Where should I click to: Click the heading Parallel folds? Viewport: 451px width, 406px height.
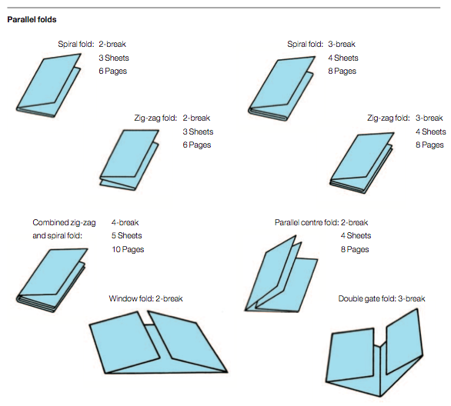[32, 18]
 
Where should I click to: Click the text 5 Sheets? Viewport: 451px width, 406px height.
[126, 236]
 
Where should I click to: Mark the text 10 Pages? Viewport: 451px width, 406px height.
[127, 250]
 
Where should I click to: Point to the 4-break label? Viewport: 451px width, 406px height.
[125, 222]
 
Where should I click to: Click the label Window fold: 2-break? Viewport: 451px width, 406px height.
[145, 298]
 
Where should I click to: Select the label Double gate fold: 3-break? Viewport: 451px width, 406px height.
[381, 298]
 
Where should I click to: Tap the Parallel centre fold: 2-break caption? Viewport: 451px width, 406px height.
[321, 222]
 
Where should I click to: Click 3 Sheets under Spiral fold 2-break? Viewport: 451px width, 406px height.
[113, 58]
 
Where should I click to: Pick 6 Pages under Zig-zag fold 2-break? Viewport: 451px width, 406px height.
[196, 145]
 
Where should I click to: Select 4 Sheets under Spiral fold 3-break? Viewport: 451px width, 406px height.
[344, 58]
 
